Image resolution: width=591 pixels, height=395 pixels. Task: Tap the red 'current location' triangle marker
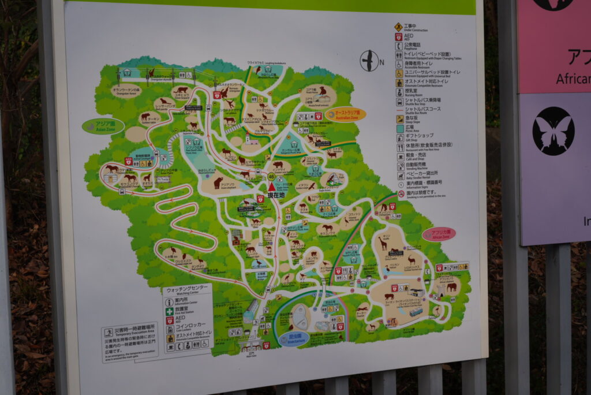tap(271, 187)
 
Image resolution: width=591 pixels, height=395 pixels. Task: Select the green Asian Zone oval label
tap(103, 126)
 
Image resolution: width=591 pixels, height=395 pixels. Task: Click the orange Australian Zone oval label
tap(345, 114)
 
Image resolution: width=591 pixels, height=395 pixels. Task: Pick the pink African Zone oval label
tap(439, 234)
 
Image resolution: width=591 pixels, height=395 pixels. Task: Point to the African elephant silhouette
tap(451, 286)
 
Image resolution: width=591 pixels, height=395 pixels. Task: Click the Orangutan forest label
tap(126, 91)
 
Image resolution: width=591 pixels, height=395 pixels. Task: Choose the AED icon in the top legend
tap(399, 36)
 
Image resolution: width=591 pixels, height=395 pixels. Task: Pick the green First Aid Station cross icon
tap(170, 311)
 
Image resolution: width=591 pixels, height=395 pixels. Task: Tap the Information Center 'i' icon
tap(170, 302)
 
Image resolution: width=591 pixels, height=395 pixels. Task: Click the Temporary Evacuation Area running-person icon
tap(109, 333)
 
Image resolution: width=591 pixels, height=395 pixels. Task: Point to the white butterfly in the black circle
tap(553, 131)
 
